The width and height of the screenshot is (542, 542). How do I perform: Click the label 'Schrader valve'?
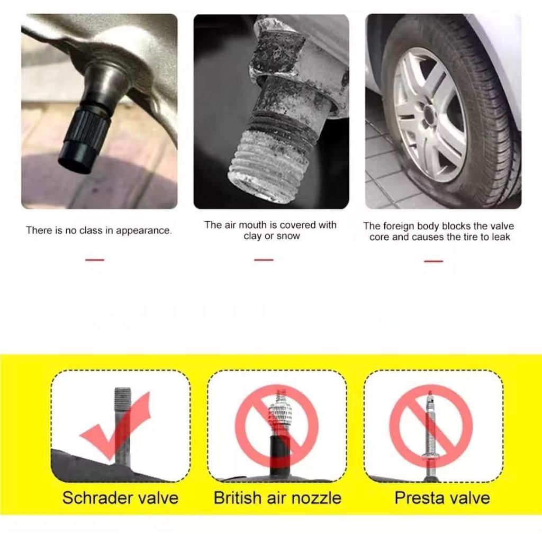(120, 498)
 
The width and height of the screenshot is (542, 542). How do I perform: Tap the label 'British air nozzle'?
(277, 498)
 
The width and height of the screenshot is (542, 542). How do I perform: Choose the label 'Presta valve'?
(442, 498)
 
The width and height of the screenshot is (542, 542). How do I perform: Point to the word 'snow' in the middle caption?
(288, 237)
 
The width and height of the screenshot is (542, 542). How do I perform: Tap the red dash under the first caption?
(95, 259)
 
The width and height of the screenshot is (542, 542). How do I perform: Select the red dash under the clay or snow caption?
(264, 259)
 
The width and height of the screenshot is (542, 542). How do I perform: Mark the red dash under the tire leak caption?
(433, 261)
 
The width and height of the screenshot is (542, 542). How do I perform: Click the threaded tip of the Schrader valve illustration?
(123, 398)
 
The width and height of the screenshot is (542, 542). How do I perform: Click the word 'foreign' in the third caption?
(398, 227)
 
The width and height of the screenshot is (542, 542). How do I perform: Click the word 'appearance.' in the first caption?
(144, 231)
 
